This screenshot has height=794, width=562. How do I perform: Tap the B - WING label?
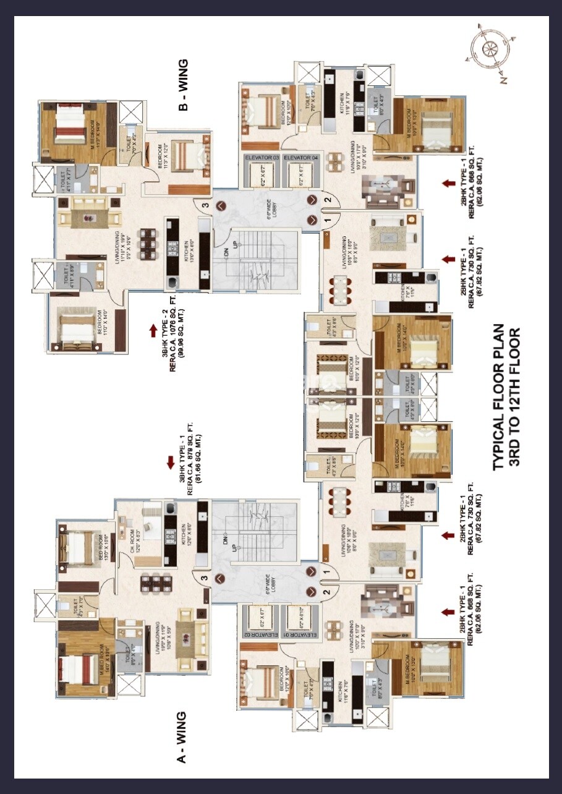(x=183, y=85)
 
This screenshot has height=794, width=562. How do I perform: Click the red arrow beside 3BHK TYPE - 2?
(x=153, y=331)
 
